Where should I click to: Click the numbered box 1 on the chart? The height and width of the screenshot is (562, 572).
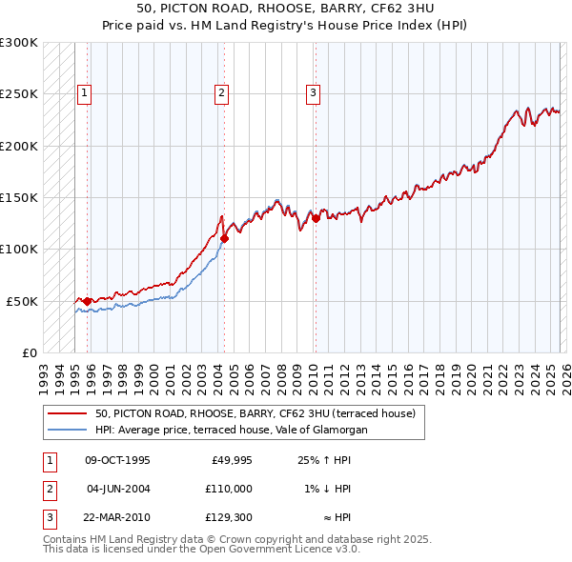(x=86, y=93)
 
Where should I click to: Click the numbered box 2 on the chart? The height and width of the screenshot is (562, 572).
(x=221, y=93)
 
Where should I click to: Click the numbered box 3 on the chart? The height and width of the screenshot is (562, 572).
(x=313, y=93)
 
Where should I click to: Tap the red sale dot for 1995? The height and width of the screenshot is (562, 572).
(x=87, y=301)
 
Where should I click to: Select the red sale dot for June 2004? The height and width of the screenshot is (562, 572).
(x=224, y=239)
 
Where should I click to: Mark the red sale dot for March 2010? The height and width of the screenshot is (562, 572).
(x=316, y=219)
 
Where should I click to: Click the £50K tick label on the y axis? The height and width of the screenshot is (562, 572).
(x=22, y=301)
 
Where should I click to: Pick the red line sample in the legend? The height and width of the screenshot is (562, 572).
(x=68, y=414)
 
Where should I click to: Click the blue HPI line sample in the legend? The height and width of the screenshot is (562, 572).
(x=68, y=431)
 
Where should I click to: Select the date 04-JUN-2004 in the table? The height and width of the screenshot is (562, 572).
(x=118, y=489)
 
